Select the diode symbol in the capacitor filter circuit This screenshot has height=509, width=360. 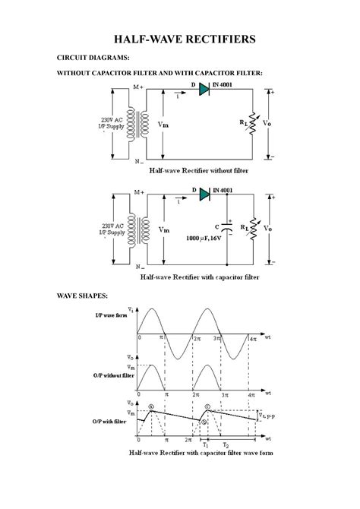click(204, 194)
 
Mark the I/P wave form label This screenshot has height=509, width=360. click(111, 315)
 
